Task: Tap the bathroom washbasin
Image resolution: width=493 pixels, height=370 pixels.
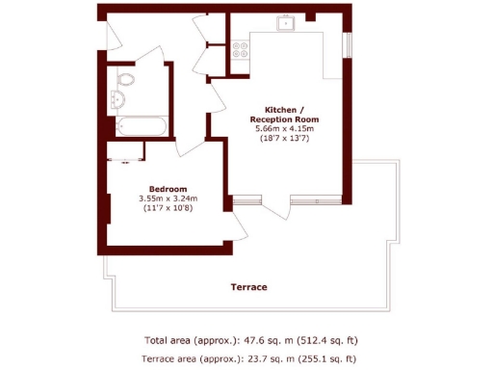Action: click(120, 99)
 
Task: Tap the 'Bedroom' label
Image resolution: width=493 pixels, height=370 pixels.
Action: click(167, 189)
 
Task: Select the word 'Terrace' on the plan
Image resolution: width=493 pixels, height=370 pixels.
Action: click(248, 287)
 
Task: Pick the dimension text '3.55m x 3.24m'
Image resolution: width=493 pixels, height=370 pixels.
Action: click(167, 198)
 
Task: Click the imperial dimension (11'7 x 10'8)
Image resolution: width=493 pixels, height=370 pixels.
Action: click(167, 208)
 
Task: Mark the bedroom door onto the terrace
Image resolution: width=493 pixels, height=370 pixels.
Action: click(237, 223)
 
